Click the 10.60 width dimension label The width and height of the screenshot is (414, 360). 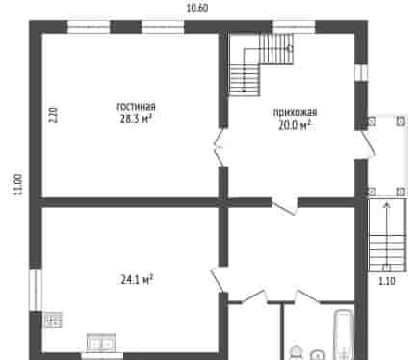[x=197, y=8]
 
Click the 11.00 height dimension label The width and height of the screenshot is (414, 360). [x=18, y=184]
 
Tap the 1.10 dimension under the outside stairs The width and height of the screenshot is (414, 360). [x=387, y=281]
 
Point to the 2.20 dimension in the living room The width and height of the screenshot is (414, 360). [x=53, y=115]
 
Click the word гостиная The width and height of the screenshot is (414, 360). [x=136, y=106]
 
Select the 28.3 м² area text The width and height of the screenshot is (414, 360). [x=136, y=119]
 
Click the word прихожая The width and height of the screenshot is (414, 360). [x=295, y=112]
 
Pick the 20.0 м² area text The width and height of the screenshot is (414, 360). [x=295, y=125]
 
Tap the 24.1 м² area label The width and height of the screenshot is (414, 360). [x=137, y=280]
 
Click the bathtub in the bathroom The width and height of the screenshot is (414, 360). [x=344, y=334]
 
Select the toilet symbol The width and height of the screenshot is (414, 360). [x=297, y=353]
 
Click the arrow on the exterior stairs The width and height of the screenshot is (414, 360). [x=387, y=235]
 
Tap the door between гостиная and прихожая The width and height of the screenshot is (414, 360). [x=219, y=147]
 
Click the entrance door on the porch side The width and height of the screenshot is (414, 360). [x=367, y=144]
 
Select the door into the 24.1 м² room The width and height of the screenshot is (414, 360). [x=218, y=279]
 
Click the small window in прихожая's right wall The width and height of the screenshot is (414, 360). [x=361, y=72]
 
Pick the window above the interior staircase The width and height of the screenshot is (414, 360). [x=294, y=27]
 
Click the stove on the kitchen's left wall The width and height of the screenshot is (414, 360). [x=53, y=320]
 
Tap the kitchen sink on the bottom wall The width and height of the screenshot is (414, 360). [x=101, y=343]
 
